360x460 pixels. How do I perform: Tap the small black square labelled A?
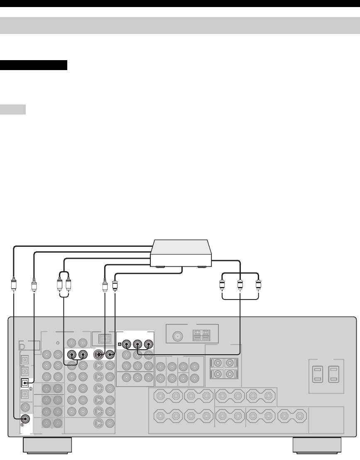(120, 344)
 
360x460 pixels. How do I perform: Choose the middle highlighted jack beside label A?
(137, 344)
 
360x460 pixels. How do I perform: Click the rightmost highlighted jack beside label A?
(148, 344)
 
